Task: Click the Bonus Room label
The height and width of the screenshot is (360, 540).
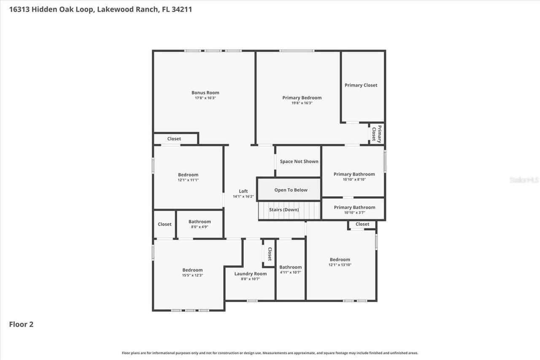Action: (x=205, y=93)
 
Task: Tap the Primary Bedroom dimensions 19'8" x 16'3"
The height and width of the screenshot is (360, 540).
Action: (x=302, y=103)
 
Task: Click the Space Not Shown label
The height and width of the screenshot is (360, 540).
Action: (x=299, y=162)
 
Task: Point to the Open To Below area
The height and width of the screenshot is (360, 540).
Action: (x=291, y=190)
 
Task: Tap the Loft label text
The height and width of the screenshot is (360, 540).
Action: (x=243, y=191)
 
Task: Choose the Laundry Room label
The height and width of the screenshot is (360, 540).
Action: (x=250, y=274)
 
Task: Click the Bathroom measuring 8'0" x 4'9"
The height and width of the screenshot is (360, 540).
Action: (x=200, y=224)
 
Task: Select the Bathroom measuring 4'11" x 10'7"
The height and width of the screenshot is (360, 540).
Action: (x=290, y=269)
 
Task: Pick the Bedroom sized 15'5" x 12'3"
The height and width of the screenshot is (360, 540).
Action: (x=192, y=272)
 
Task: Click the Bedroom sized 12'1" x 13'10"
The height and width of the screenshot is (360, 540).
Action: (x=340, y=262)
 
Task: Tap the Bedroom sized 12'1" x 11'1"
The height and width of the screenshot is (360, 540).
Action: (x=188, y=177)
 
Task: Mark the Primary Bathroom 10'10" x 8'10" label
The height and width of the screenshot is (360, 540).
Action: (x=354, y=174)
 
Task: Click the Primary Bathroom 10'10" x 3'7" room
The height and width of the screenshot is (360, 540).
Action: (x=354, y=209)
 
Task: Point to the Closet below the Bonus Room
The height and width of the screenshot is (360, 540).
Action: (x=174, y=139)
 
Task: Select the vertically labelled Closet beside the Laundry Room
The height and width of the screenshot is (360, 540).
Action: (x=270, y=254)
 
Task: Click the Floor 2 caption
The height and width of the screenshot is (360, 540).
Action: (x=21, y=325)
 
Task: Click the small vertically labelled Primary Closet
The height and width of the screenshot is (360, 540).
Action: (x=377, y=134)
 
